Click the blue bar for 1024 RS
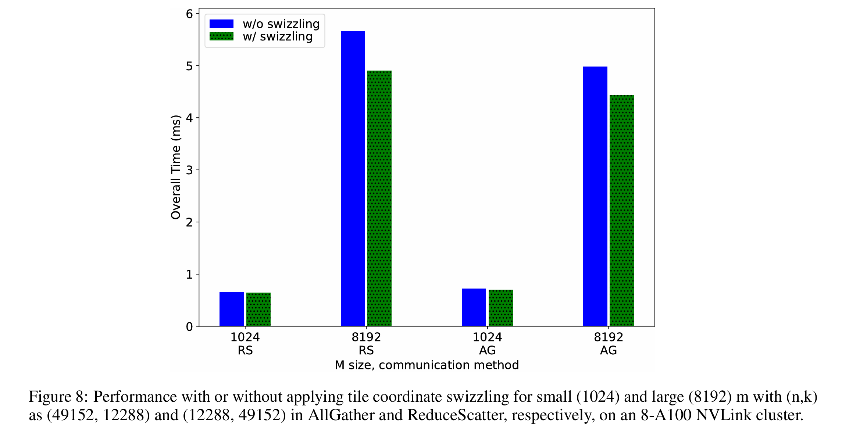pyautogui.click(x=232, y=309)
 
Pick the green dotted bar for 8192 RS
pyautogui.click(x=379, y=198)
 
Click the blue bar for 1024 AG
pyautogui.click(x=474, y=307)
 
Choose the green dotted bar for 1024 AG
pyautogui.click(x=501, y=308)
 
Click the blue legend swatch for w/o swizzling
pyautogui.click(x=221, y=24)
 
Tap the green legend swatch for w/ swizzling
pyautogui.click(x=221, y=36)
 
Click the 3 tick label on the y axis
pyautogui.click(x=189, y=170)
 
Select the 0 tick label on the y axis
pyautogui.click(x=189, y=326)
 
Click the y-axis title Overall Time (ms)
pyautogui.click(x=176, y=167)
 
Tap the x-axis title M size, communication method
pyautogui.click(x=427, y=365)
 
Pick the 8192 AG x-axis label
pyautogui.click(x=609, y=344)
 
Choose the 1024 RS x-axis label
pyautogui.click(x=245, y=344)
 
